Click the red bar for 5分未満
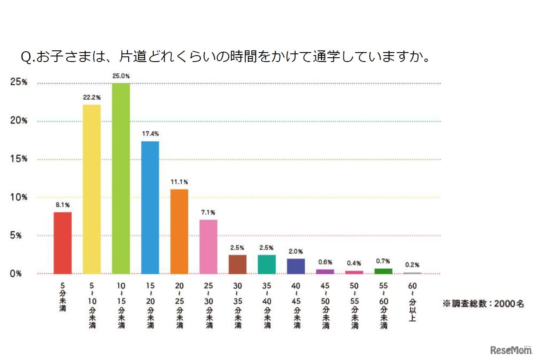pos(62,243)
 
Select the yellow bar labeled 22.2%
pos(92,189)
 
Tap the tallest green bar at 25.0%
pos(121,179)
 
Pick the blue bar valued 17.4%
pos(150,208)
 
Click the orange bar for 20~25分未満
pos(179,232)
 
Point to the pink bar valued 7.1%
pos(208,247)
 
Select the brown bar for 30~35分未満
pos(238,264)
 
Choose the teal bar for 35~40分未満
pos(267,264)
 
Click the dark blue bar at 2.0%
pos(296,266)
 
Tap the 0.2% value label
pos(412,265)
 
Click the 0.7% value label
pos(383,261)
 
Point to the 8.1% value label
pos(62,205)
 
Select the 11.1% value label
pos(179,182)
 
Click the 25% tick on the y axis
pos(19,82)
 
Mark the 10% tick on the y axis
pos(19,197)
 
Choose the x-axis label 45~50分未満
pos(325,306)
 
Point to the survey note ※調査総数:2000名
pos(483,304)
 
